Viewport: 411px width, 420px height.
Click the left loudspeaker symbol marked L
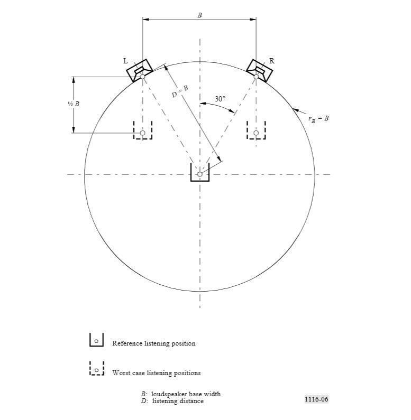pos(140,71)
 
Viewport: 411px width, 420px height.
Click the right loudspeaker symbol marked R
pos(259,71)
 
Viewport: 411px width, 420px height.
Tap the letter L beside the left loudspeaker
pos(125,61)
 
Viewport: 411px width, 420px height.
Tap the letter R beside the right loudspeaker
pos(272,61)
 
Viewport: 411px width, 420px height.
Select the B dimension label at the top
pos(199,15)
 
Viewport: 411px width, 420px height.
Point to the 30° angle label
pos(220,99)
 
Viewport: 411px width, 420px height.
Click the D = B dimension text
pos(180,91)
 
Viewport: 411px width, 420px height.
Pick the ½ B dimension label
pos(74,104)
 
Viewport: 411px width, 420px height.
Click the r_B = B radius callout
pos(318,118)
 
